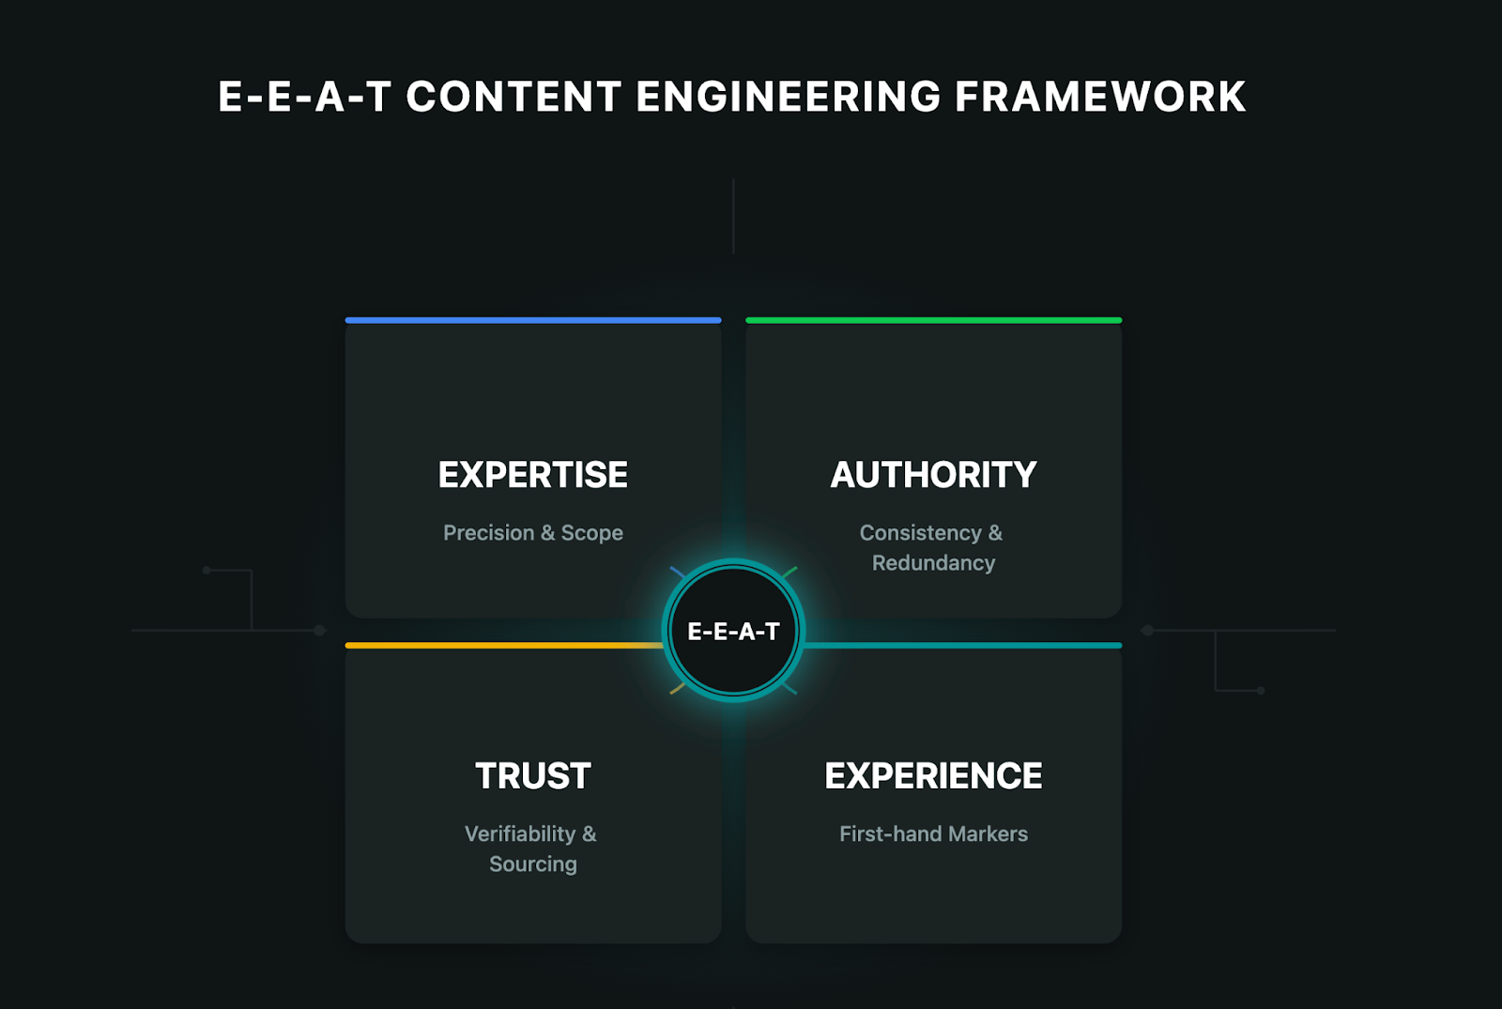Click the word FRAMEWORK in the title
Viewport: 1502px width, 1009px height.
[x=1100, y=97]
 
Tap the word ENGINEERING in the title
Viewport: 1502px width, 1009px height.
[x=789, y=97]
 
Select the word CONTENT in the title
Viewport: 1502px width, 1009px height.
[x=513, y=97]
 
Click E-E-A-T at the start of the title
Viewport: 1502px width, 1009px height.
[x=304, y=97]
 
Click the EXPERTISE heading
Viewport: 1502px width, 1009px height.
[x=533, y=475]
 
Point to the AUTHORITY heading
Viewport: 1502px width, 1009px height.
[x=933, y=475]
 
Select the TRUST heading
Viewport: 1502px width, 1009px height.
[x=533, y=776]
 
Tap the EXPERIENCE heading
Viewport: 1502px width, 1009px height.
[x=933, y=776]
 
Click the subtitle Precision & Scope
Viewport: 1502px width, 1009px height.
[x=533, y=533]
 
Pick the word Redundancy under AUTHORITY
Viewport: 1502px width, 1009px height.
[x=933, y=563]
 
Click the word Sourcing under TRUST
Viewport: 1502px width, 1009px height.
[x=533, y=864]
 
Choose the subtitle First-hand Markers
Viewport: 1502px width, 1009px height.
[x=933, y=834]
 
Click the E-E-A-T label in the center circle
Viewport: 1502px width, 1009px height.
[x=733, y=632]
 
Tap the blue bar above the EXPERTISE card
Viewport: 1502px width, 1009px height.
[x=533, y=320]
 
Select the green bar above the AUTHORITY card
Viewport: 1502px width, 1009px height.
[x=933, y=320]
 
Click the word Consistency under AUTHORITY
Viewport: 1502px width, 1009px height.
[x=920, y=533]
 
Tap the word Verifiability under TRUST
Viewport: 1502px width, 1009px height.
[x=520, y=834]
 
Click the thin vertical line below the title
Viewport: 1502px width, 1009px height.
[x=733, y=216]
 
